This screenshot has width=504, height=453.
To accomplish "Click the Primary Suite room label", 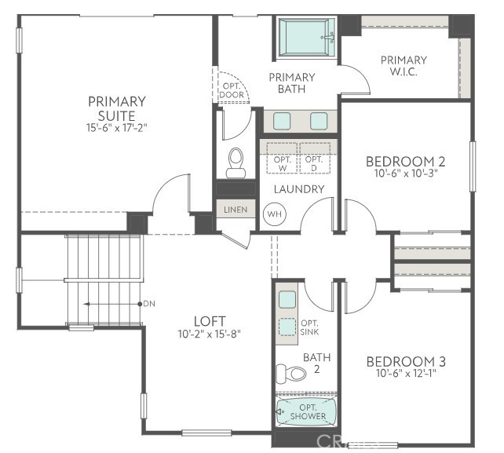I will click(117, 108).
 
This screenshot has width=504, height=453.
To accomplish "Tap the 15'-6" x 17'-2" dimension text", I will click(117, 127).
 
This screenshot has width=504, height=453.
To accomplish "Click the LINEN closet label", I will click(236, 210).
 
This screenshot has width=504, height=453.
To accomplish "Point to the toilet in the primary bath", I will click(236, 163).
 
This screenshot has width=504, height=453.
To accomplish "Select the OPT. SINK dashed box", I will click(288, 326).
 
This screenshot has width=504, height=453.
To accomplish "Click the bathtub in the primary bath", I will click(307, 37).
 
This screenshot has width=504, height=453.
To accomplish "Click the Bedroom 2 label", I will click(406, 162).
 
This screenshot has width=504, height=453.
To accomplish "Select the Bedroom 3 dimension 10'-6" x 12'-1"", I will click(406, 374).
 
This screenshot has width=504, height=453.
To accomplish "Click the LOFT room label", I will click(210, 321).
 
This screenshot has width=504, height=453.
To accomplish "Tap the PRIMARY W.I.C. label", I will click(404, 66).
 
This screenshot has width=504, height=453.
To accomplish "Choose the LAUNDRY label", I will click(298, 189).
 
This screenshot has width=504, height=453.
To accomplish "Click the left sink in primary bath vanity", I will click(282, 121).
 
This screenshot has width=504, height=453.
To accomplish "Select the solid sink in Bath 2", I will click(287, 299).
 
